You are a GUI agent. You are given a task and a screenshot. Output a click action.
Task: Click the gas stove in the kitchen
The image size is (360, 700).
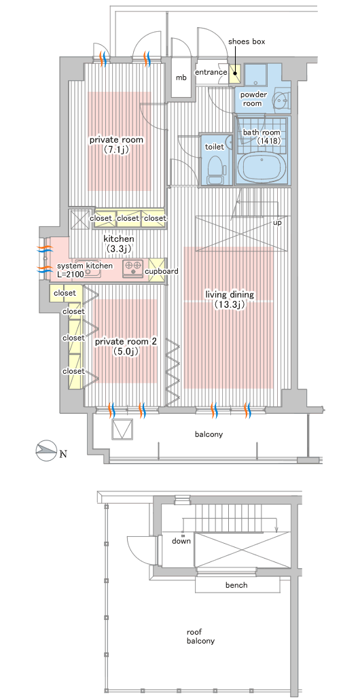point(132,267)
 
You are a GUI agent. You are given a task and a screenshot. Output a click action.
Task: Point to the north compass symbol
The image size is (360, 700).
point(46,451)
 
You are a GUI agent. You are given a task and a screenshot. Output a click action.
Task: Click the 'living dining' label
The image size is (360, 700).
point(230,295)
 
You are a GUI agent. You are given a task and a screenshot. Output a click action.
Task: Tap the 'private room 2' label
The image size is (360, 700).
point(126,342)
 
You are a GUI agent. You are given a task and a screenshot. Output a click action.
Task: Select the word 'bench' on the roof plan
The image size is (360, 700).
point(236,585)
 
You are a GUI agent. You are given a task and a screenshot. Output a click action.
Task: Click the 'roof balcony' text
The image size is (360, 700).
point(201,637)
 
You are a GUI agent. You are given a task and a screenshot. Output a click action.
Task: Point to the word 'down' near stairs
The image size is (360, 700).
point(181,541)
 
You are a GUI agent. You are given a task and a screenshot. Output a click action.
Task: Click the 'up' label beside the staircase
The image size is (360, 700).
point(277,222)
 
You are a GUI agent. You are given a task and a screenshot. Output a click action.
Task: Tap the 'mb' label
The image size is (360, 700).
point(181,77)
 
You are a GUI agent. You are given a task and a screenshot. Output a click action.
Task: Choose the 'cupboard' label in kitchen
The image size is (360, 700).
point(162,271)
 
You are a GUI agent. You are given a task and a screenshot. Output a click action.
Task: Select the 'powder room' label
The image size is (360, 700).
point(253,99)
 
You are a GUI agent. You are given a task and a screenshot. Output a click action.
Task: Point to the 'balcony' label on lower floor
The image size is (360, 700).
point(209,434)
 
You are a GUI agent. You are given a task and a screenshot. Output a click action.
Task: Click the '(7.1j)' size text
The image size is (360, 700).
point(116,150)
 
